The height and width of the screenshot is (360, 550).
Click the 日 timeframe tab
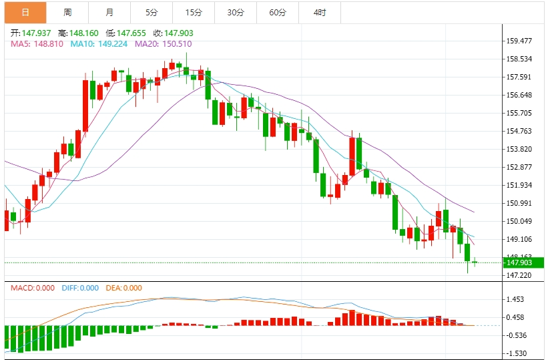pos(25,13)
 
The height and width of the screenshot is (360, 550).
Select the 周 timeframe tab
pos(67,13)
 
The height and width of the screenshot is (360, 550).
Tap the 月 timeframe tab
pos(109,13)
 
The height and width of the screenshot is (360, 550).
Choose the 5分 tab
pos(152,13)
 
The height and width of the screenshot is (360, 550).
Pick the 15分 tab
pos(194,13)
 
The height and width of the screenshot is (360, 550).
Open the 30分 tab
pos(236,13)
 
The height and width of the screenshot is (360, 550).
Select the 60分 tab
pos(278,13)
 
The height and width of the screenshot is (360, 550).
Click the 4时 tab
pos(320,13)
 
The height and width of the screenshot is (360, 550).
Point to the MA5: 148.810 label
pos(32,44)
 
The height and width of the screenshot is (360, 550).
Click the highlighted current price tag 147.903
pos(519,262)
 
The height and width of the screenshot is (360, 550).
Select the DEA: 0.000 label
pos(124,288)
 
